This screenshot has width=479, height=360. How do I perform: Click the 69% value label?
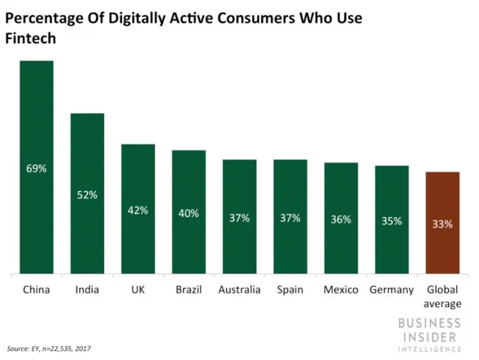pyautogui.click(x=36, y=168)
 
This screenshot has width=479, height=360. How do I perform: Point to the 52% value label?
pyautogui.click(x=87, y=195)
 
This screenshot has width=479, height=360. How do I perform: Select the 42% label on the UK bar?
pyautogui.click(x=138, y=210)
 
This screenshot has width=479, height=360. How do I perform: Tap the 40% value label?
pyautogui.click(x=189, y=213)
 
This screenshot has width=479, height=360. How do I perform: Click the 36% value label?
pyautogui.click(x=341, y=219)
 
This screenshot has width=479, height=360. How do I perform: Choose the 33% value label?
pyautogui.click(x=442, y=223)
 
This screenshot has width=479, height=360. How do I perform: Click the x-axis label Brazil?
pyautogui.click(x=189, y=290)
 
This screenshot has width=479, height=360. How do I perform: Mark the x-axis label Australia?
pyautogui.click(x=239, y=290)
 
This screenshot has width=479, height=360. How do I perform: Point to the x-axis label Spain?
pyautogui.click(x=290, y=290)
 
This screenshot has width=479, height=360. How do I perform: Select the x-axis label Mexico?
pyautogui.click(x=341, y=290)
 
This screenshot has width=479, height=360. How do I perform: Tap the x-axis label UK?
pyautogui.click(x=138, y=290)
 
